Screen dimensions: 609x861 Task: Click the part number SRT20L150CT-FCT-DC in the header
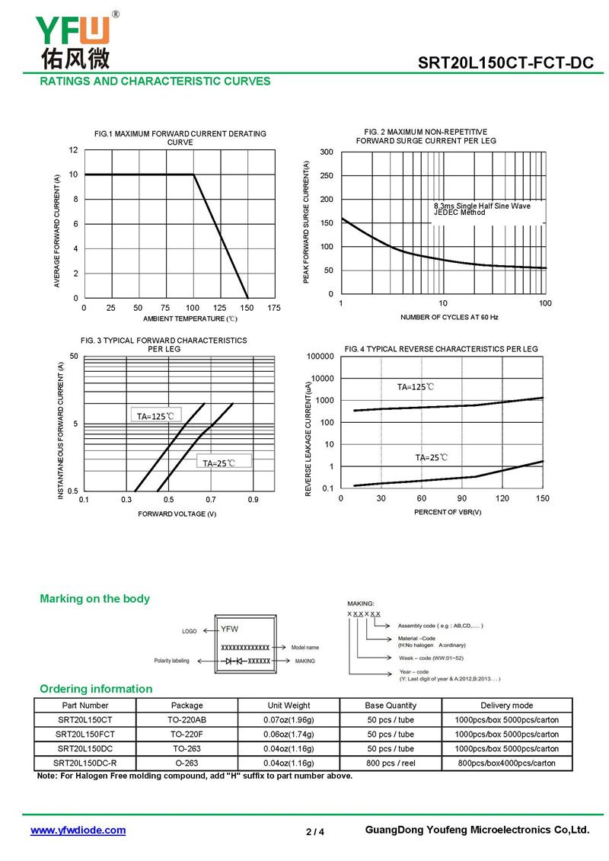point(505,62)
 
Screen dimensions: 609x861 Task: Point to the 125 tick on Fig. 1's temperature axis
point(219,308)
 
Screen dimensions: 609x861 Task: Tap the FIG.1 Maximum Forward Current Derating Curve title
point(180,138)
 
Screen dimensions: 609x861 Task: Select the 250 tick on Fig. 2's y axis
point(327,176)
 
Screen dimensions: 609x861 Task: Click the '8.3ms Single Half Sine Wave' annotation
point(483,206)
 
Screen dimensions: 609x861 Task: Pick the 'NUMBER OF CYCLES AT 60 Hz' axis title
point(449,318)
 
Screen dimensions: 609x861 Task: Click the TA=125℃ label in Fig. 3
point(155,416)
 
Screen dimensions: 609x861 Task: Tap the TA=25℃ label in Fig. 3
point(218,463)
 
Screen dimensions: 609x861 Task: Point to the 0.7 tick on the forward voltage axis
point(211,500)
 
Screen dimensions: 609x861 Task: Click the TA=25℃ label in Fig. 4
point(431,457)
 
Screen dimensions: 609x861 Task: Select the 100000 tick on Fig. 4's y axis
point(320,357)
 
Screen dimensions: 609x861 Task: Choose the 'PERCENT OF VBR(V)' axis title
point(448,512)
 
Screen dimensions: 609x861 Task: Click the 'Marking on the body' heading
point(94,599)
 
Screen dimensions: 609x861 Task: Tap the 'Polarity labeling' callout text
point(171,661)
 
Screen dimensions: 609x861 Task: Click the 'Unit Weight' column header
point(289,706)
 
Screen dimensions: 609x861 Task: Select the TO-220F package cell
point(187,735)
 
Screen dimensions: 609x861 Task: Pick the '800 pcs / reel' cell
point(391,763)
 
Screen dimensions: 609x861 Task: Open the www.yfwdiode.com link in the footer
point(78,831)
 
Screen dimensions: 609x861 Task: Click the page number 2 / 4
point(315,832)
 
